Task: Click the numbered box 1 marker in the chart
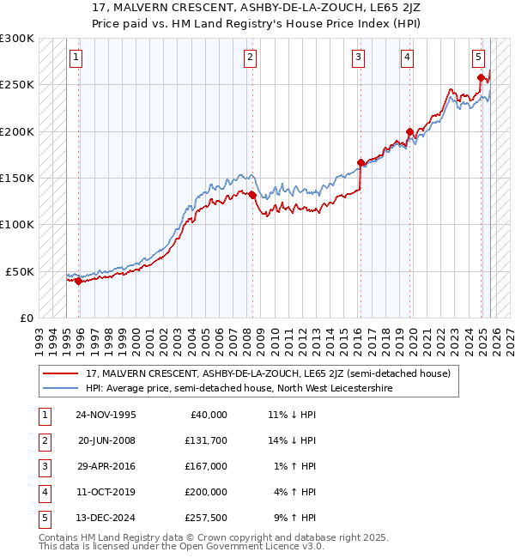76,58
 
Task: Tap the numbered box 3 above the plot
358,58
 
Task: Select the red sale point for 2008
253,195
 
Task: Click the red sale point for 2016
360,162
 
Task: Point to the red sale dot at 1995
78,281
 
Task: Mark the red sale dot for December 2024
480,78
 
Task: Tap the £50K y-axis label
20,271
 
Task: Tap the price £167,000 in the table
205,466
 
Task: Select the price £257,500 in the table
205,518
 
